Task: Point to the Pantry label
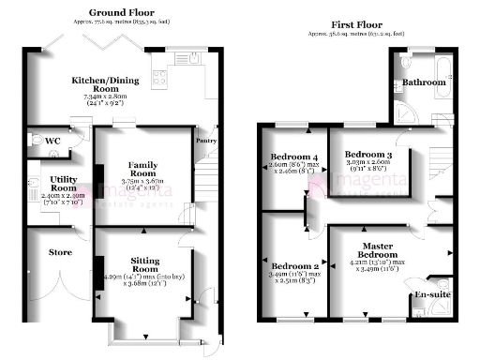tap(206, 142)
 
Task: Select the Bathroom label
tap(425, 83)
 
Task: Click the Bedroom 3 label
tap(367, 154)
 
